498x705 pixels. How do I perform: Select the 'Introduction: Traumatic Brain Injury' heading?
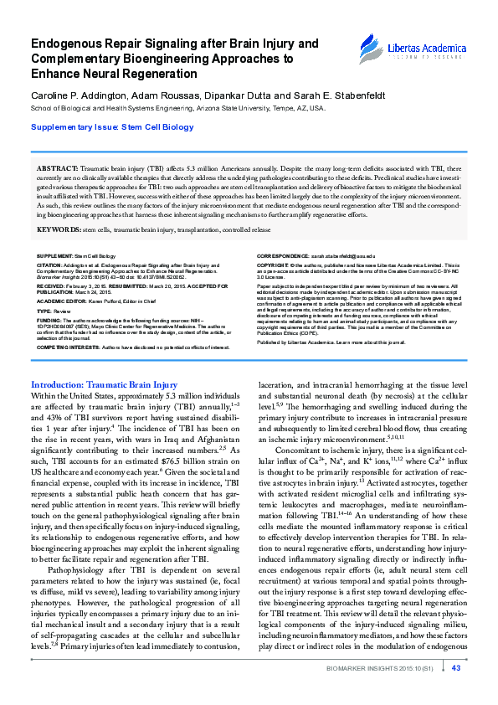(x=104, y=384)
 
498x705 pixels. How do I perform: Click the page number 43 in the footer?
(x=455, y=692)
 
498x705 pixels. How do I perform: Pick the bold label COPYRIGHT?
(x=274, y=263)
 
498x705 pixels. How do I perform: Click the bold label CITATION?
(x=50, y=263)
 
